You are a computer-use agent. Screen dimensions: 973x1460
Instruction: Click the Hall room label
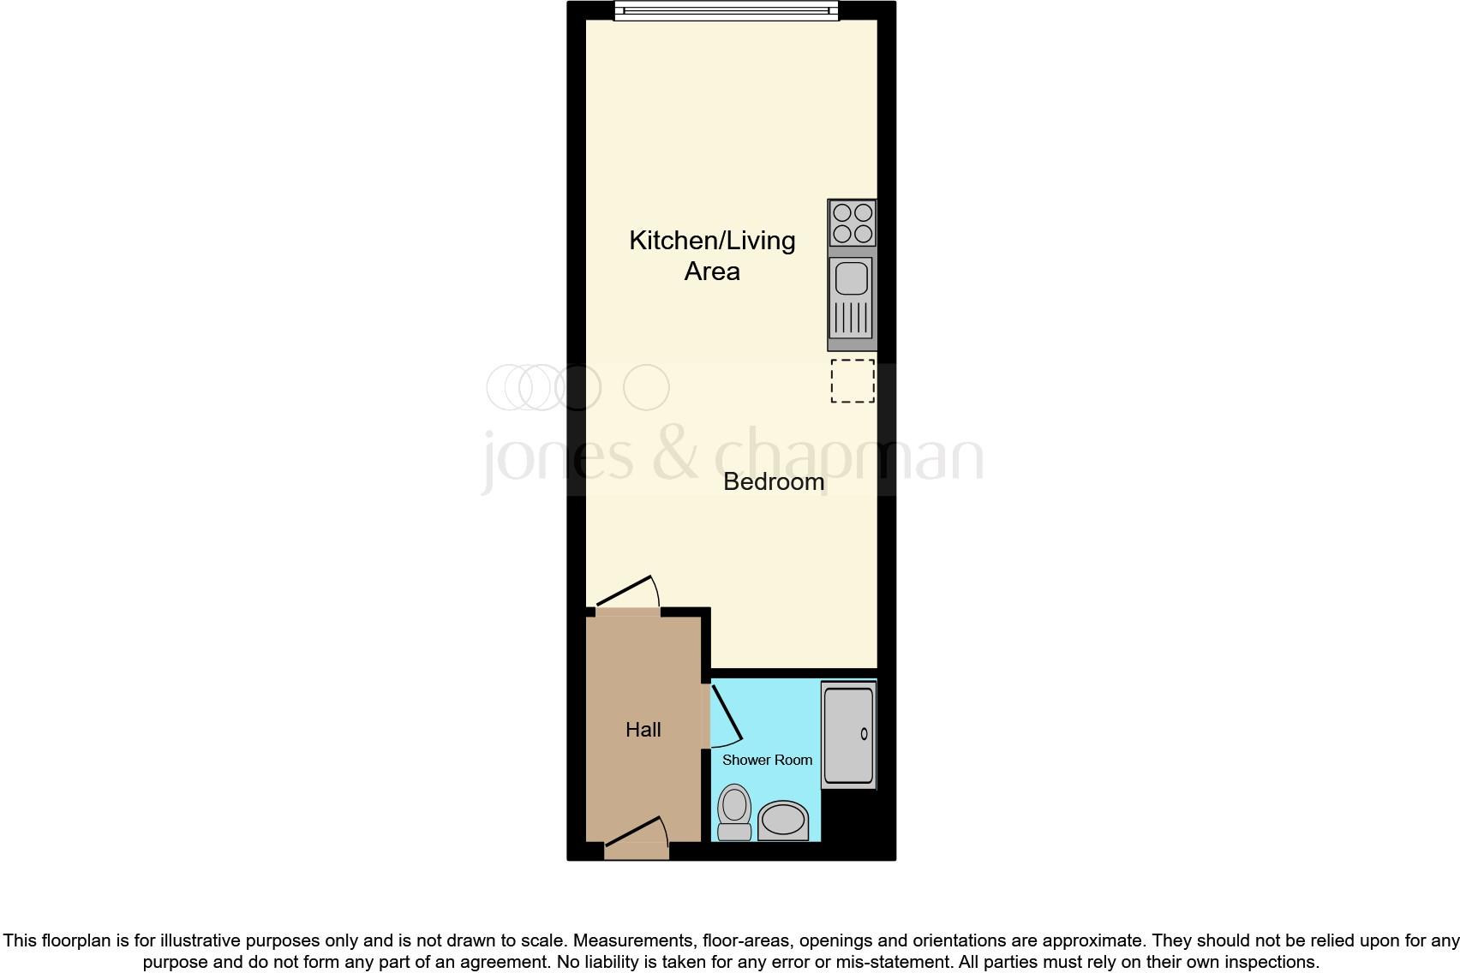pos(643,730)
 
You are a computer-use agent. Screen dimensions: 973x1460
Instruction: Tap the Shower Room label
pos(767,760)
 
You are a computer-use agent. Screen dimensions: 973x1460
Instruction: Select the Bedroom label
pos(774,481)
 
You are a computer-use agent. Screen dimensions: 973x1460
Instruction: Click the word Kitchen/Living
pos(712,241)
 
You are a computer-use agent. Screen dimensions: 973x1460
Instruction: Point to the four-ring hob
pos(852,223)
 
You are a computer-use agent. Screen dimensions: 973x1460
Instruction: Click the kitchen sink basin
pos(851,279)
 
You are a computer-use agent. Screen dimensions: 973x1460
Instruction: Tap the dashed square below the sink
pos(853,381)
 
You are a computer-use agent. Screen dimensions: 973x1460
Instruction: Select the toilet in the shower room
pos(734,812)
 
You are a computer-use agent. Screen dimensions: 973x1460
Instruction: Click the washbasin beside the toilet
pos(783,820)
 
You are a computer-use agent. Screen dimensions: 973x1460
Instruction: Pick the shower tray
pos(848,734)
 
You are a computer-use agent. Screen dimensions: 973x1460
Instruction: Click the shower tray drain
pos(864,734)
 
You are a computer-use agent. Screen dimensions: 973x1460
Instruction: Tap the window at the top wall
pos(726,10)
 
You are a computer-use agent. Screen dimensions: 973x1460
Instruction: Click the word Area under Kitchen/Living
pos(712,272)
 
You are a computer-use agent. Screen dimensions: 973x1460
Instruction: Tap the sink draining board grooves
pos(851,319)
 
